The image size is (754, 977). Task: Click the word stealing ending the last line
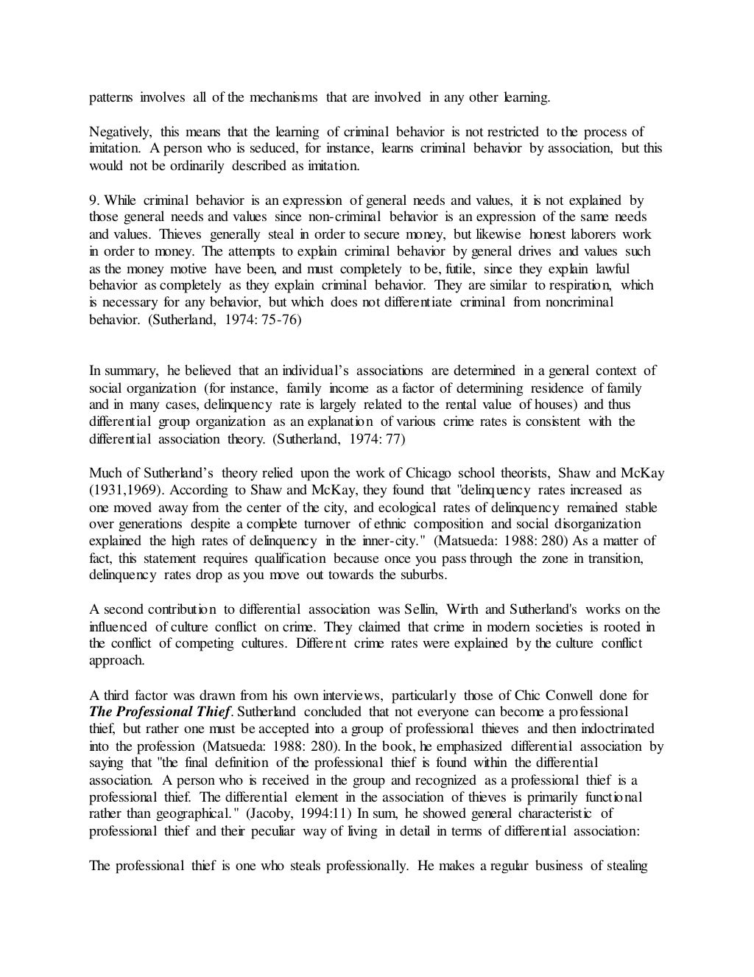pos(627,865)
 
